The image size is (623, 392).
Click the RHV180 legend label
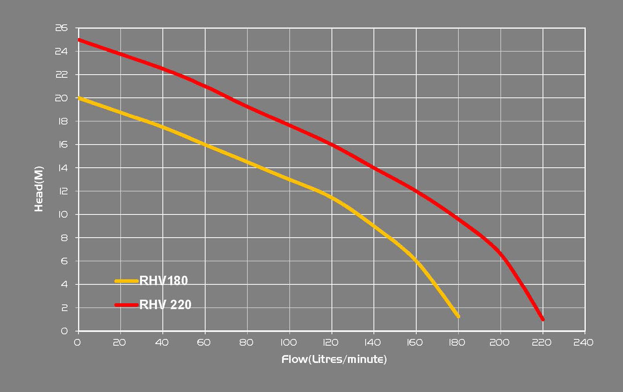[x=164, y=281]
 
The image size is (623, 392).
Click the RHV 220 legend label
[x=165, y=304]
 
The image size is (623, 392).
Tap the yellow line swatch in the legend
[x=127, y=281]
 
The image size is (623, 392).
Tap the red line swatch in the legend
[x=127, y=304]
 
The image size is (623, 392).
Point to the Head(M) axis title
[x=39, y=189]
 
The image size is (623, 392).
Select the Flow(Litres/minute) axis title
[x=334, y=359]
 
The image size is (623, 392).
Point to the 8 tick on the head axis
[x=64, y=238]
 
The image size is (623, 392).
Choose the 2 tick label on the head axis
[x=64, y=308]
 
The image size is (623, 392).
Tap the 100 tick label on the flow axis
[x=289, y=343]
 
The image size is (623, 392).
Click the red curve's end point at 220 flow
[x=543, y=319]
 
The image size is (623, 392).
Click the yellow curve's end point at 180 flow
[x=458, y=316]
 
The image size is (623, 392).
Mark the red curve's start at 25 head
[x=79, y=40]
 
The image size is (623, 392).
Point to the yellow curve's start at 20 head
[x=79, y=98]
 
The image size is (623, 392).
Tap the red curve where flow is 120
[x=332, y=145]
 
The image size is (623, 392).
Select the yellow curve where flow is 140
[x=373, y=226]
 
